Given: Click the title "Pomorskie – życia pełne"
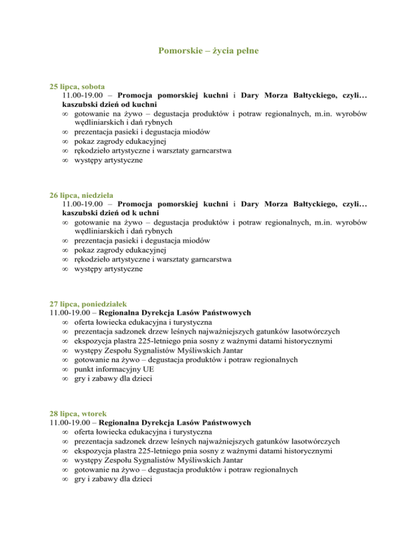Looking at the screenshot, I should pyautogui.click(x=208, y=52).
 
